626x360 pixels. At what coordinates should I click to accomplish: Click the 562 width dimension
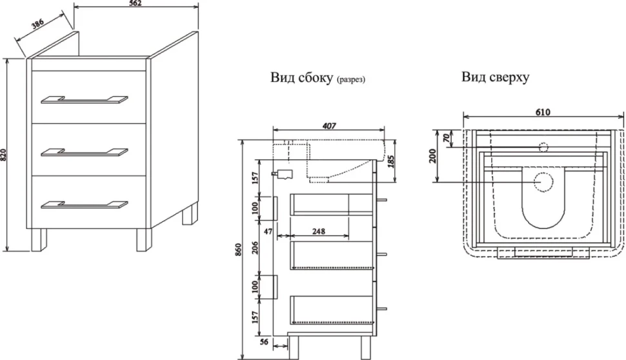click(x=136, y=3)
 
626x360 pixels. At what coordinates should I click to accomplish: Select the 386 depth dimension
click(x=37, y=25)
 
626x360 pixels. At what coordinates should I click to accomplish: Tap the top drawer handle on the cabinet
click(x=85, y=100)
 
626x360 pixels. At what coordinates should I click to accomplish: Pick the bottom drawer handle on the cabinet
click(x=85, y=205)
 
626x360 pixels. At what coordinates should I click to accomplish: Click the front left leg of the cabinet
click(x=39, y=240)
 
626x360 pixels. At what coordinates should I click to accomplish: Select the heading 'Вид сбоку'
click(x=301, y=77)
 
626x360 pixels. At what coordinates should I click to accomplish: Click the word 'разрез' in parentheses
click(x=351, y=80)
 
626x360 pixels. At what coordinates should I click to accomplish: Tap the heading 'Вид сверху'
click(x=496, y=77)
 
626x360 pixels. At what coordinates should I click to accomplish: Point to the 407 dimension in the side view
click(x=329, y=126)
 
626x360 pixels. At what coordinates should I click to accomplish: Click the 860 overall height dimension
click(x=238, y=250)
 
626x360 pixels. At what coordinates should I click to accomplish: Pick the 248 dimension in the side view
click(x=319, y=231)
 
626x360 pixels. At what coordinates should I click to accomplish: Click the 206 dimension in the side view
click(x=256, y=248)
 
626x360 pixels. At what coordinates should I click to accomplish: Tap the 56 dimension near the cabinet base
click(x=264, y=342)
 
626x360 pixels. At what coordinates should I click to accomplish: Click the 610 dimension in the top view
click(x=543, y=112)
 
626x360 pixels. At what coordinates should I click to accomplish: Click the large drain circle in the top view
click(x=543, y=183)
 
